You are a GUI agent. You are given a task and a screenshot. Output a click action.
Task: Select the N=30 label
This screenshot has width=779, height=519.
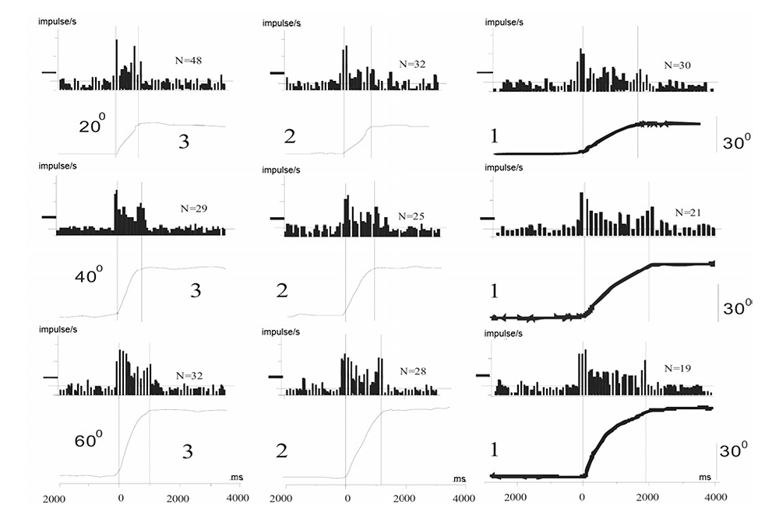[x=678, y=67]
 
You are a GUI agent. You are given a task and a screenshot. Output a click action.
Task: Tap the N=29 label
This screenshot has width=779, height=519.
[x=193, y=209]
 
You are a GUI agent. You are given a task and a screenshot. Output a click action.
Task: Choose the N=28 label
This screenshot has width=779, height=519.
[x=412, y=373]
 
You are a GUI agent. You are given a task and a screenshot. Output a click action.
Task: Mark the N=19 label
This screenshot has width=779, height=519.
[x=678, y=367]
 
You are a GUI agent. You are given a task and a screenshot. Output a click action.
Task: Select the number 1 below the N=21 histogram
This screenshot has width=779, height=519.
[x=493, y=291]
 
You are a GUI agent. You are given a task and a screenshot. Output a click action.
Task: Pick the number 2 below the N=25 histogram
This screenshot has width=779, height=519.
[x=282, y=291]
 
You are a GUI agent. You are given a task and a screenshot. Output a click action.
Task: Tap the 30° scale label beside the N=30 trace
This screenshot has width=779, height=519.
[x=737, y=143]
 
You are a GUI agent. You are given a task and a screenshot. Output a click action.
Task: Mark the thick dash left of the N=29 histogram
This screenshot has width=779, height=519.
[x=48, y=217]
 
